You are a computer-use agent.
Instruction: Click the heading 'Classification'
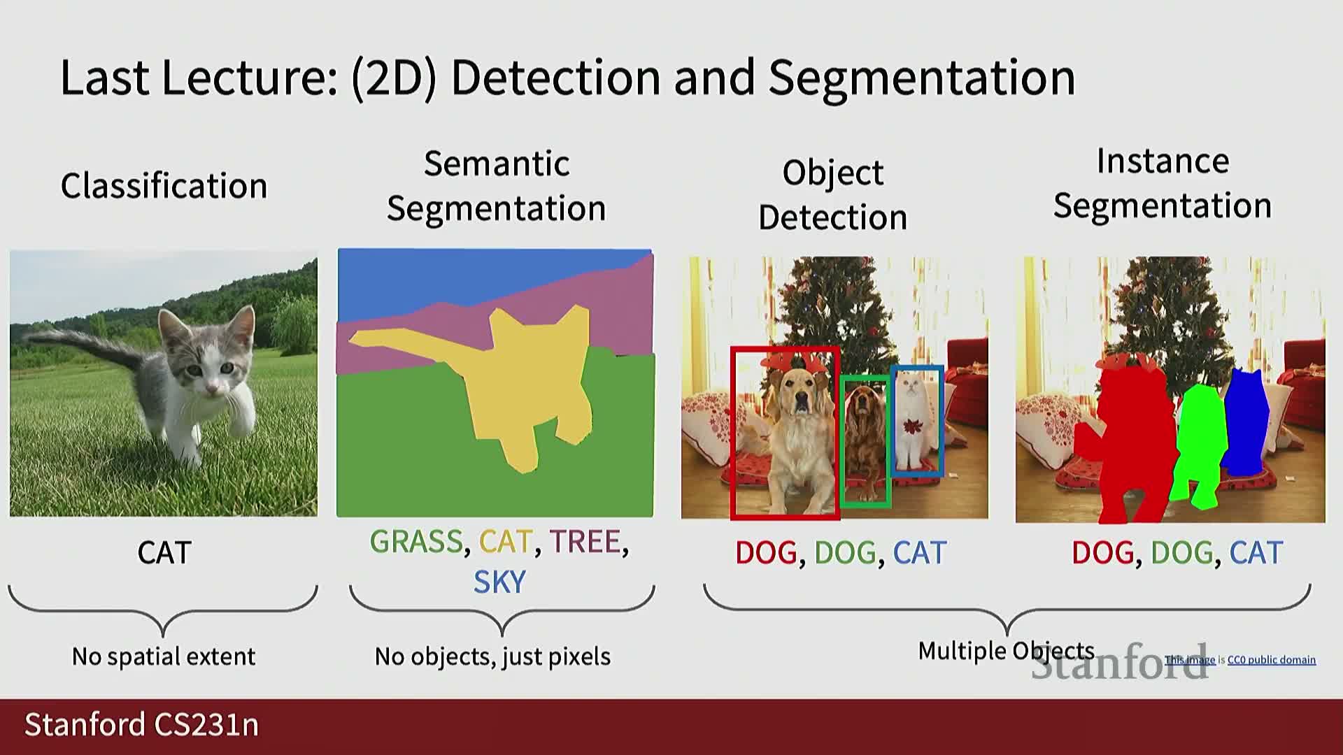click(x=164, y=186)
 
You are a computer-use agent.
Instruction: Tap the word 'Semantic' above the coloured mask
click(x=497, y=164)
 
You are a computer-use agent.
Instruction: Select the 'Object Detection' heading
click(x=832, y=194)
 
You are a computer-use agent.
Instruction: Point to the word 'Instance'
click(x=1163, y=161)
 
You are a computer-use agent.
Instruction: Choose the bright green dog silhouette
click(x=1200, y=447)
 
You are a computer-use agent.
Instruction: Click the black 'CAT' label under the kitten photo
click(x=164, y=553)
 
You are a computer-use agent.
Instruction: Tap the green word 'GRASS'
click(x=416, y=542)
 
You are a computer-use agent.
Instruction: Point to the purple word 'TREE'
click(x=585, y=542)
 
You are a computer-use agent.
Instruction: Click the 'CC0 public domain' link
click(x=1272, y=660)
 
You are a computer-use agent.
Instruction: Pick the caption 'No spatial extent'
click(x=164, y=656)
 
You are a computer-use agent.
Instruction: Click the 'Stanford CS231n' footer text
click(x=142, y=725)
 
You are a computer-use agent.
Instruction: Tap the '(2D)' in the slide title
click(x=394, y=78)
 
